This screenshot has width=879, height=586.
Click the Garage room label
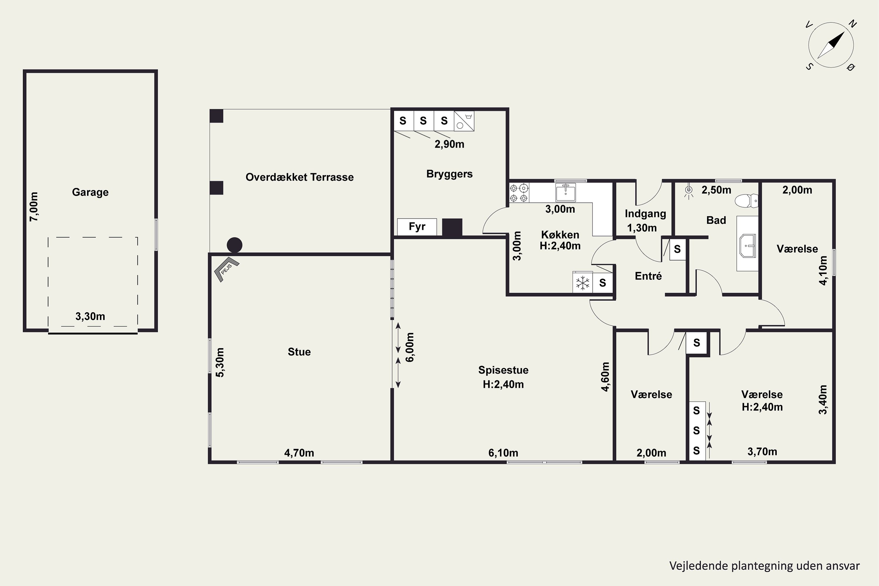[90, 192]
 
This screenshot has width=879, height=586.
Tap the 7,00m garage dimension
[34, 207]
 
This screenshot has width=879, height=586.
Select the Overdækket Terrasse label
[299, 177]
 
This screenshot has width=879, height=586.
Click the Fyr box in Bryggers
[417, 227]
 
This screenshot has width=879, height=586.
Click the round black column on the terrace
[234, 245]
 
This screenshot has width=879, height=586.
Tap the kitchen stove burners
[519, 193]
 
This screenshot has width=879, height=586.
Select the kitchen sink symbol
[565, 193]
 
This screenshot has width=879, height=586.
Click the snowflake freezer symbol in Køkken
[582, 282]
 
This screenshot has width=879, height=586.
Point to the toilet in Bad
[746, 201]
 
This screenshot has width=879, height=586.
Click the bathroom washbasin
[747, 246]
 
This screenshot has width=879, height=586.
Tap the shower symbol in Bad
[688, 191]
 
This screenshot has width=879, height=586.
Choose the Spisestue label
[503, 370]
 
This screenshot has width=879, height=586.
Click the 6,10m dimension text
[503, 453]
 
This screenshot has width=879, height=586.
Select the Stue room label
[299, 352]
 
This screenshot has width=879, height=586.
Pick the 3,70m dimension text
[762, 452]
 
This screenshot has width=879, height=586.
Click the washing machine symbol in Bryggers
[464, 121]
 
